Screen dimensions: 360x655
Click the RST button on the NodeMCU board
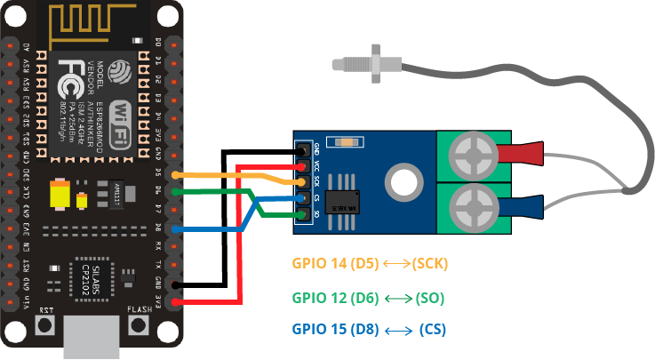click(44, 325)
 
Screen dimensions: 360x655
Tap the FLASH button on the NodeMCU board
click(140, 325)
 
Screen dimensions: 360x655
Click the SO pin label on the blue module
click(317, 215)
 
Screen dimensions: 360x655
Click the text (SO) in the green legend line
click(429, 297)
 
